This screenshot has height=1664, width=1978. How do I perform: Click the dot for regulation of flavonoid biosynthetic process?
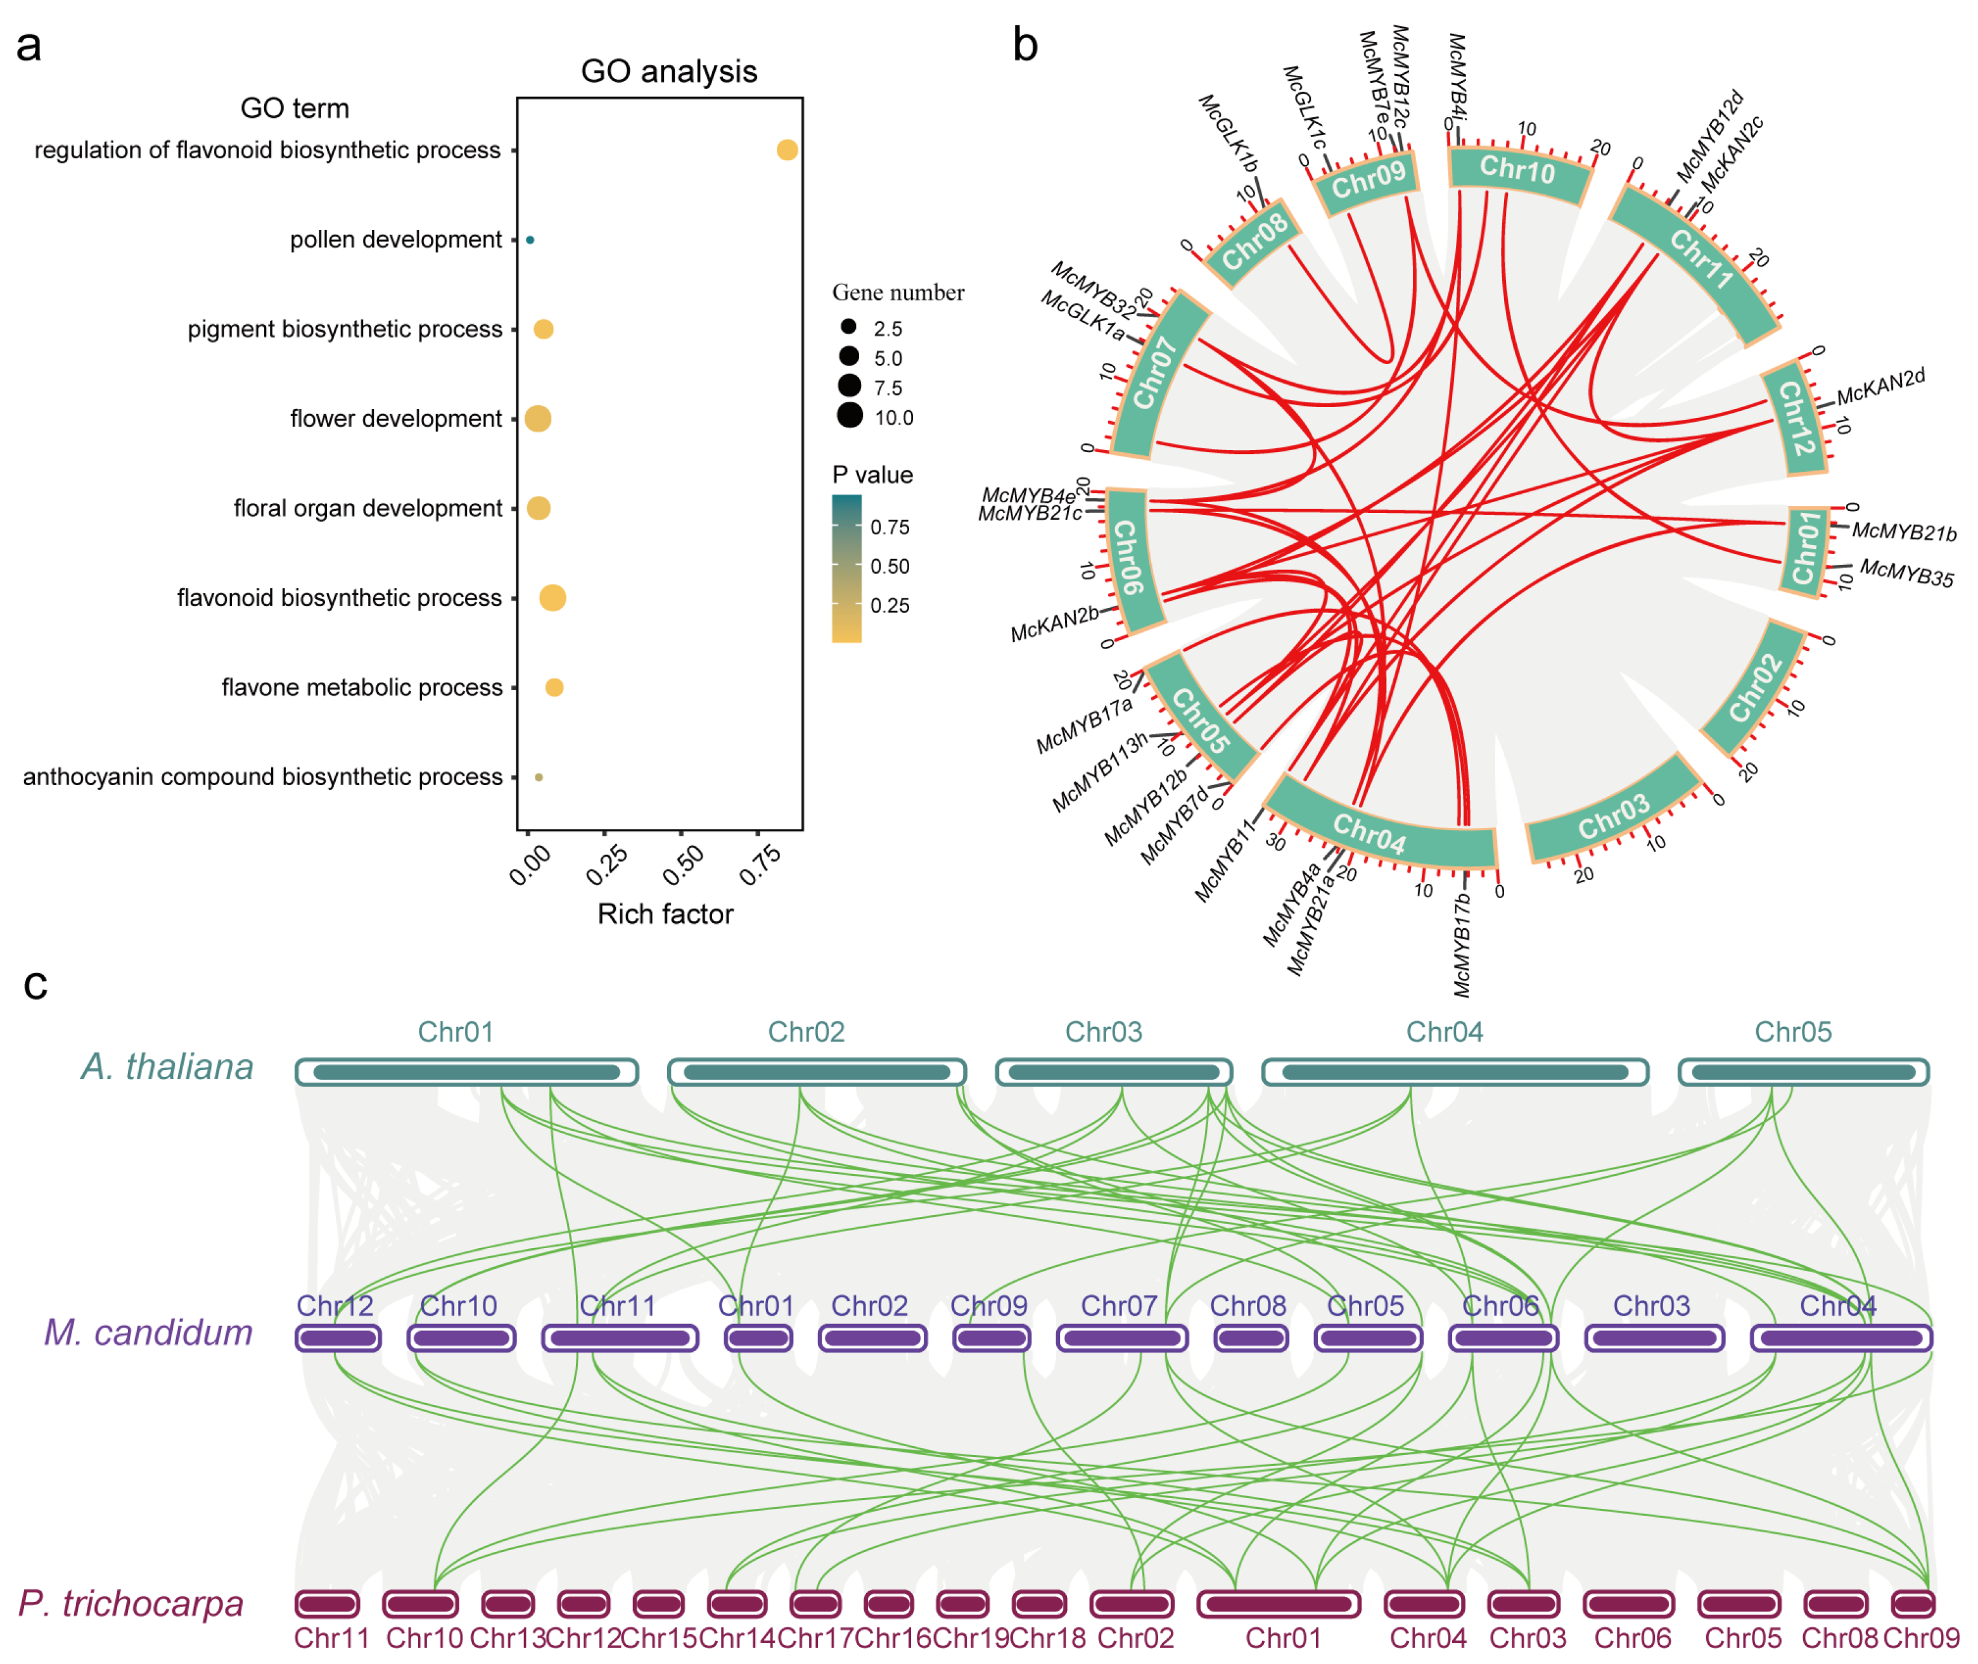click(x=786, y=150)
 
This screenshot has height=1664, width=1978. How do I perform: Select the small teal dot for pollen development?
click(x=530, y=239)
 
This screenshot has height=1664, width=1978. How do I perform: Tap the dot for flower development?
click(x=538, y=418)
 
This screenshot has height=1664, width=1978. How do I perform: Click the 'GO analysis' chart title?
click(x=668, y=71)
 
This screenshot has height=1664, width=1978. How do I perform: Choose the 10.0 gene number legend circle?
click(x=850, y=415)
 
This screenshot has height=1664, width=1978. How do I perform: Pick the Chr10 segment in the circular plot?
click(x=1517, y=170)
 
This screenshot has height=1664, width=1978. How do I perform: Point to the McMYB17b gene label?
click(x=1462, y=943)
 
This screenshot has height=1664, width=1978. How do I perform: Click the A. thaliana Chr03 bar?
click(x=1114, y=1073)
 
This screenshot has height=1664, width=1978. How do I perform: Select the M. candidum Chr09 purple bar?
click(x=991, y=1338)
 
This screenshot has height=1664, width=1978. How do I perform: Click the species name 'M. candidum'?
click(x=148, y=1332)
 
